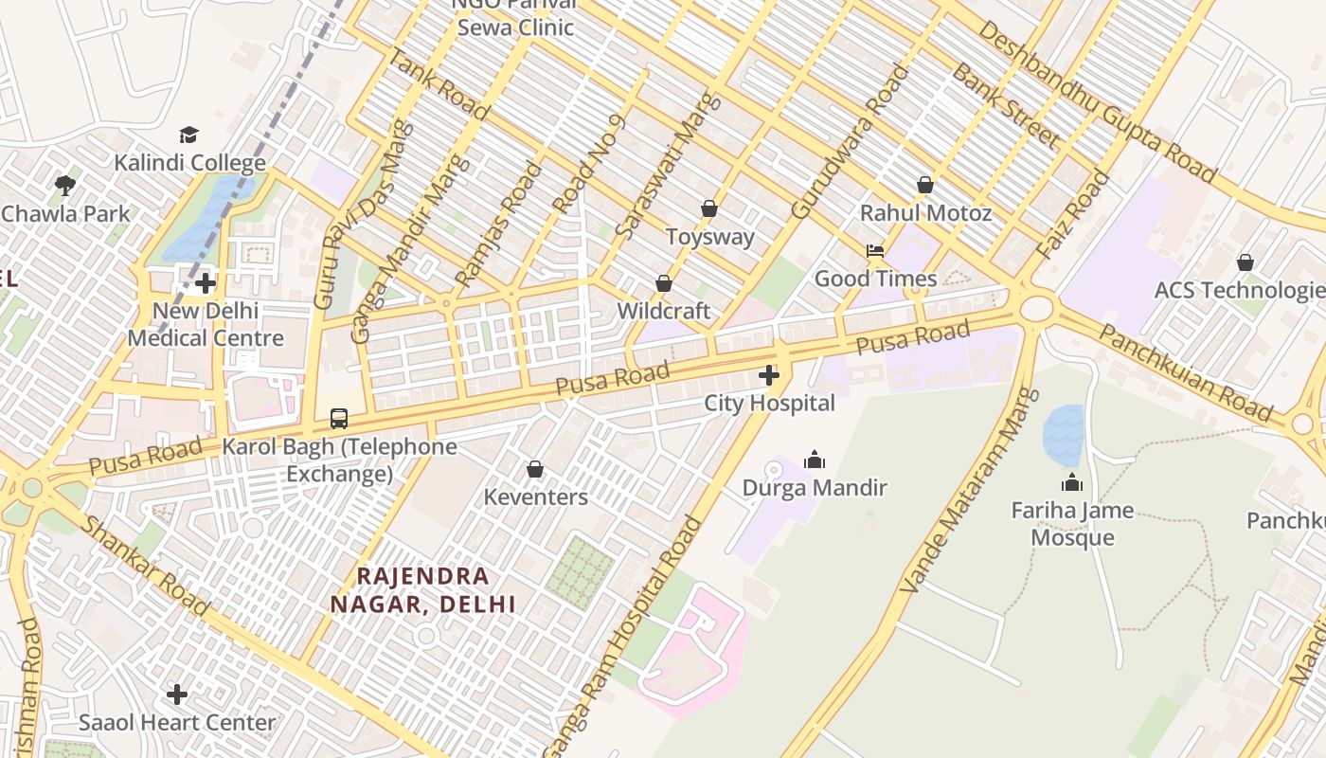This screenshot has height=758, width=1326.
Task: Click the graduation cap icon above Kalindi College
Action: [x=189, y=135]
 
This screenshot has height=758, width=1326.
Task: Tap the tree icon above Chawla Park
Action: [x=65, y=185]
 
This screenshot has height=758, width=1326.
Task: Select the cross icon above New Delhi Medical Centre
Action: [x=206, y=283]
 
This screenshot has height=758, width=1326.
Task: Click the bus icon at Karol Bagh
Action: [x=339, y=418]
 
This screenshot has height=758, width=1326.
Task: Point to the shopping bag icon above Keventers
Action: [x=535, y=469]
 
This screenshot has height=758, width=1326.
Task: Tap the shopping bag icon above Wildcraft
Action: [x=664, y=283]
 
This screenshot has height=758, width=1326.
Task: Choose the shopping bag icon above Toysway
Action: [x=709, y=208]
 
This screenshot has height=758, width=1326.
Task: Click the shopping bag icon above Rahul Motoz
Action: [x=925, y=185]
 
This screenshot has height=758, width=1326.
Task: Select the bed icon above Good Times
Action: [x=875, y=251]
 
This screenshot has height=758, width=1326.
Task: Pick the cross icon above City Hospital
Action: [x=769, y=376]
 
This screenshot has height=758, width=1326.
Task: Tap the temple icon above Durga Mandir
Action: [x=815, y=460]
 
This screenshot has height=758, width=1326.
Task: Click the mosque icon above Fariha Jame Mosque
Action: [x=1072, y=483]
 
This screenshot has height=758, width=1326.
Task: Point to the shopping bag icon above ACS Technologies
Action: [x=1245, y=262]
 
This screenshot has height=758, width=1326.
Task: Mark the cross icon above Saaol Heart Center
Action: [x=177, y=695]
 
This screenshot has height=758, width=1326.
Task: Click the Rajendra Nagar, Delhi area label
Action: [x=422, y=589]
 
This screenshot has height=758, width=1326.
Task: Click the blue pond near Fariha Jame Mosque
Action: [x=1063, y=434]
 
